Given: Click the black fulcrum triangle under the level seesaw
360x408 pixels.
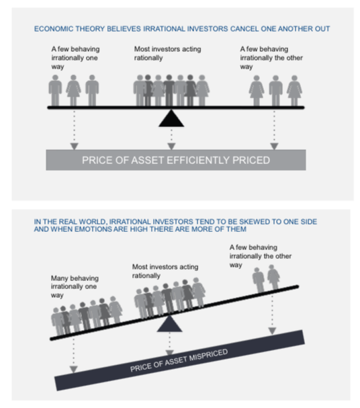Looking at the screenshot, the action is (171, 119).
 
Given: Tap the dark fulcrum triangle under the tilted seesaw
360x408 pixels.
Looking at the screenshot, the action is (169, 324).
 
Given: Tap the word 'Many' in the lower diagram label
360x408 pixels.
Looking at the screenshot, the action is (58, 278).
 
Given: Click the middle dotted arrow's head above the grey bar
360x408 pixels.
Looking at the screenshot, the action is (171, 147).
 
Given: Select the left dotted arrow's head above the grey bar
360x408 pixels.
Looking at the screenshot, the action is (75, 147).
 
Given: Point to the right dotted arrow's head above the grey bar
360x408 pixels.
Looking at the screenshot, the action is (274, 147).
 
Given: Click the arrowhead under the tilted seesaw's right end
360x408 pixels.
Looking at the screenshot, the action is (272, 331).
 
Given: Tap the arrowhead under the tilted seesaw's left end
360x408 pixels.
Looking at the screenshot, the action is (74, 369).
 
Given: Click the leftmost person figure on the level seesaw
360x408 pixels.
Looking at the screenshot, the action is (55, 90).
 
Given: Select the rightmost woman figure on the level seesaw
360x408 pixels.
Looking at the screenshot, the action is (294, 91).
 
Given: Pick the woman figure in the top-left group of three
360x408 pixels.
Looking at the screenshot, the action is (73, 90).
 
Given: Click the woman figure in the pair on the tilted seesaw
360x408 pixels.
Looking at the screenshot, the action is (273, 277).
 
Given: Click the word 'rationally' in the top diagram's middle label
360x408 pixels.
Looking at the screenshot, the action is (148, 58).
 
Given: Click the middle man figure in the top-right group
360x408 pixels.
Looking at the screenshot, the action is (276, 91).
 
